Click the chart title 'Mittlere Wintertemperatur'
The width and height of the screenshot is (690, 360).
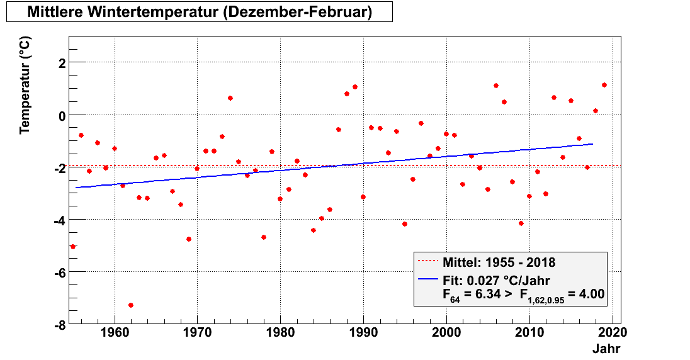coord(199,12)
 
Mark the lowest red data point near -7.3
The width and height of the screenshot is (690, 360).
coord(131,305)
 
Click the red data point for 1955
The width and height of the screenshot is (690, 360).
coord(73,247)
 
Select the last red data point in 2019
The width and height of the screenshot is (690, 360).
coord(604,85)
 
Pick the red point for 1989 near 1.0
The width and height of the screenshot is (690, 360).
coord(355,87)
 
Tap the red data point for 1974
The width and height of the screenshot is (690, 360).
coord(230,98)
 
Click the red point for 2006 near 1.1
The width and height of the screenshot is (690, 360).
coord(496,86)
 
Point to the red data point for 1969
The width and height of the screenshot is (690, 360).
coord(189,239)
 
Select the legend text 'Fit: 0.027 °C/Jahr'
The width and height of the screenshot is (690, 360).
coord(497,281)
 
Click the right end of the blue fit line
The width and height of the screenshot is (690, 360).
coord(592,144)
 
